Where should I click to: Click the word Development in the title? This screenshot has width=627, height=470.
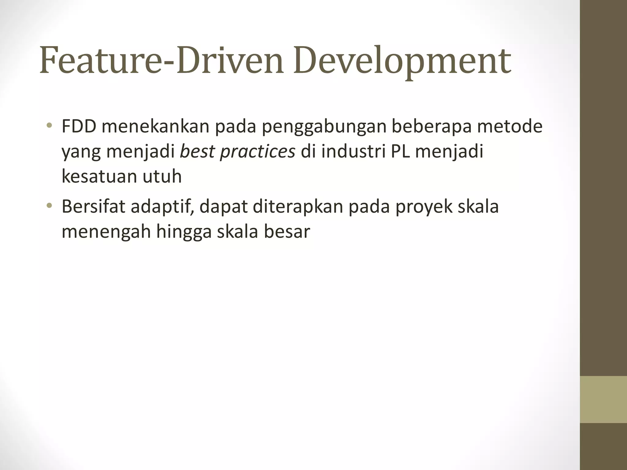coord(402,61)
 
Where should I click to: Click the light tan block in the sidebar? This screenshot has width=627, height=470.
coord(603,399)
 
